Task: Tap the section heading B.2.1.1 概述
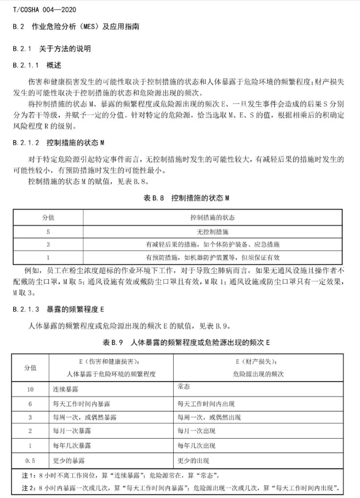38,65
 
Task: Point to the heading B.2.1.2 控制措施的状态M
59,143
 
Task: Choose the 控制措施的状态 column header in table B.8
213,218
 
